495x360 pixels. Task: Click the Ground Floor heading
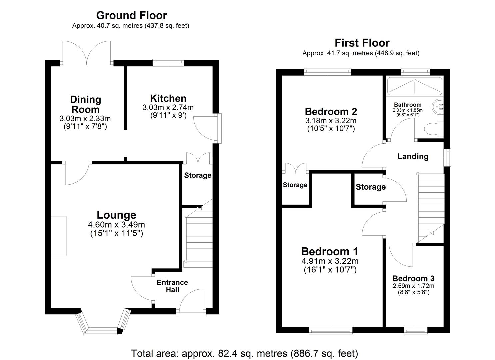pos(131,15)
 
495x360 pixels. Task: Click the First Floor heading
pos(362,43)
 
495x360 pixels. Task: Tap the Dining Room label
pos(85,104)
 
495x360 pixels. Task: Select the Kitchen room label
pos(168,98)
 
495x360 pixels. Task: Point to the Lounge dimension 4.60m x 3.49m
pos(116,225)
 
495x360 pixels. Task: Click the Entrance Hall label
pos(172,286)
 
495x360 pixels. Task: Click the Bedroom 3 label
pos(413,278)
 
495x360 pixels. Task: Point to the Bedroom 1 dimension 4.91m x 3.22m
pos(330,261)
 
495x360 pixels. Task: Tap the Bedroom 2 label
pos(331,111)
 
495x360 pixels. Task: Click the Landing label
pos(413,156)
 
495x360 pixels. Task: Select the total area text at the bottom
pos(244,353)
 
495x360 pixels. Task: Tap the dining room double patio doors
pos(87,53)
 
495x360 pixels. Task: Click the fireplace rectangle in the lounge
pos(59,236)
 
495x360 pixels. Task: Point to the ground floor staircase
pos(198,238)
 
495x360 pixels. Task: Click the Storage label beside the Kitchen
pos(198,175)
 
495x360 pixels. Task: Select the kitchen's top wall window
pos(168,62)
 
